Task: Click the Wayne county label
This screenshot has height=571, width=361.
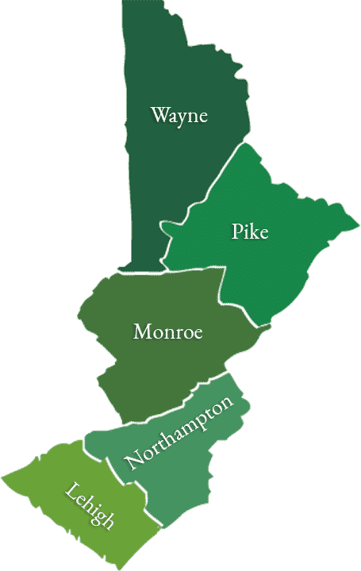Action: click(179, 116)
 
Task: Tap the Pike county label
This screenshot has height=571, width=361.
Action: click(250, 232)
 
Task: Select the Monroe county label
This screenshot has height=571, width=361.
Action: click(167, 331)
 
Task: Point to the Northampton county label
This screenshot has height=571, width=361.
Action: click(180, 434)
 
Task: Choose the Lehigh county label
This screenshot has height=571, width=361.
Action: click(90, 505)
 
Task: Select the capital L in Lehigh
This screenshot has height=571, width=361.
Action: click(71, 492)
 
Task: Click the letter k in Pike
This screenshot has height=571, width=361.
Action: click(254, 232)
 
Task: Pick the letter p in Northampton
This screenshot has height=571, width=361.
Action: click(198, 421)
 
